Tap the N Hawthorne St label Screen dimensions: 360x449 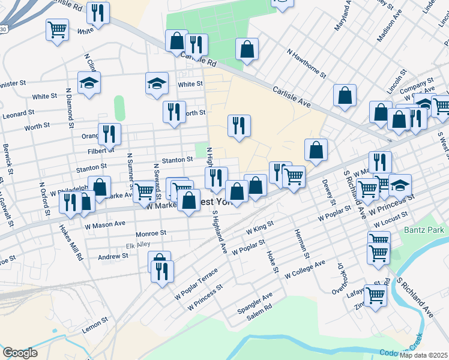(x=306, y=64)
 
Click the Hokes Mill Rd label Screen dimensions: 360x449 (x=71, y=242)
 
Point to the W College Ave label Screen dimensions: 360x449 (x=304, y=268)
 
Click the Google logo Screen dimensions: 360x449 (x=20, y=352)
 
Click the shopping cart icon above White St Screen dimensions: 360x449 (x=57, y=28)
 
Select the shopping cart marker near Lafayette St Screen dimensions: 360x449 (x=375, y=295)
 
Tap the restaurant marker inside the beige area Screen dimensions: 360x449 (x=239, y=125)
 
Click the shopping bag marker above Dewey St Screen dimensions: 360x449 (x=316, y=149)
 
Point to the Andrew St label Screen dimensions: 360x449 (x=113, y=256)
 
